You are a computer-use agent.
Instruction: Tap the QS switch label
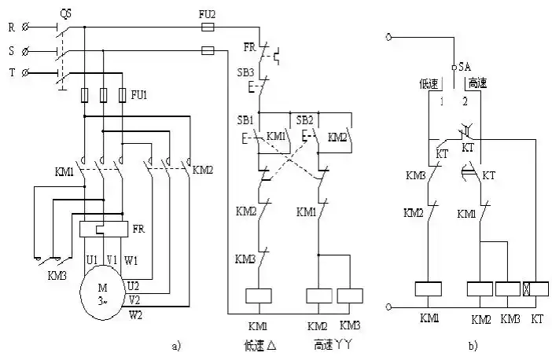point(67,13)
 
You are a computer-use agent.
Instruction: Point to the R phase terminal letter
point(11,28)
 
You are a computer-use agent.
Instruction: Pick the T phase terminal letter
point(11,72)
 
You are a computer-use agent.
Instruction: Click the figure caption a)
point(175,343)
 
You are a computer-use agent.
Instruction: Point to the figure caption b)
point(472,343)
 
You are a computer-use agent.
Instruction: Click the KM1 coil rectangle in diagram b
point(427,289)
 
